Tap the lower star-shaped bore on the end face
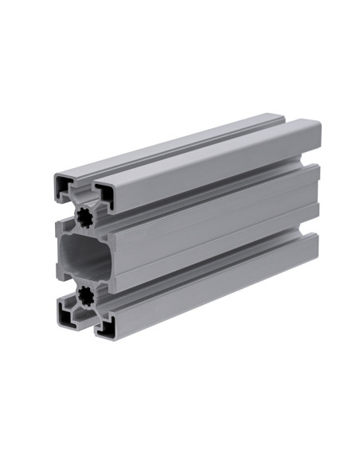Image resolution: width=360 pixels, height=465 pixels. (x=83, y=298)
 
